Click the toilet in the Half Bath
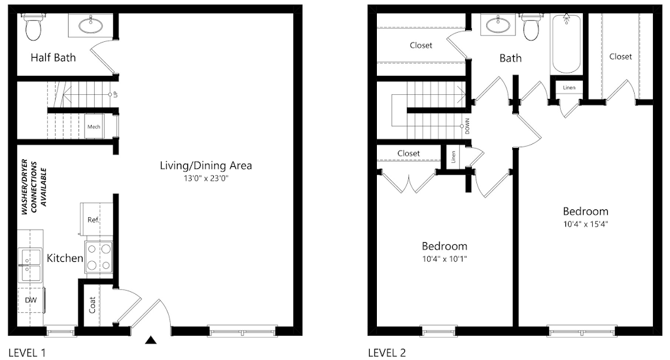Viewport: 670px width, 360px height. [33, 27]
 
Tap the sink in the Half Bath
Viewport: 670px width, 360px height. [90, 26]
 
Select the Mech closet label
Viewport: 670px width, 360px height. [94, 126]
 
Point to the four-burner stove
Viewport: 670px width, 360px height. [99, 257]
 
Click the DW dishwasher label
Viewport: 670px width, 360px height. [31, 300]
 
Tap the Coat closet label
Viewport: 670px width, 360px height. [92, 305]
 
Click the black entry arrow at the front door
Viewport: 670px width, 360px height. [150, 340]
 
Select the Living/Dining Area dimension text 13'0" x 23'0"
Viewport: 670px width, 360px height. [206, 178]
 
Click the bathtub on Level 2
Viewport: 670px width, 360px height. [566, 44]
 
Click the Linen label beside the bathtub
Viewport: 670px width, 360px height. [569, 88]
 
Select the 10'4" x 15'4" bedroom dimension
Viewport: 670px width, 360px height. [586, 224]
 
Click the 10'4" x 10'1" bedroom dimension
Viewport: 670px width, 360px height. [444, 259]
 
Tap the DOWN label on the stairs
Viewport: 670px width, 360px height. [467, 126]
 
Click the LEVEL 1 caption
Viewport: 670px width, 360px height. [27, 353]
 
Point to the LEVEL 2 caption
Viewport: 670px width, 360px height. [387, 353]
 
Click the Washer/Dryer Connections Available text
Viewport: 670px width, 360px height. [34, 187]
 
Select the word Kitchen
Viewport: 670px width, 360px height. [65, 259]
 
